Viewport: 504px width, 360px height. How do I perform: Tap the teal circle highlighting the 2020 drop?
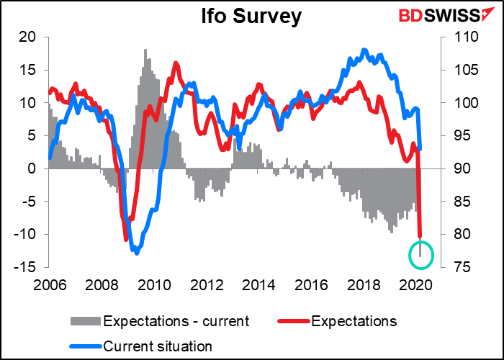point(421,253)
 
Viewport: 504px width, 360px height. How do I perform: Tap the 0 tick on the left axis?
point(33,168)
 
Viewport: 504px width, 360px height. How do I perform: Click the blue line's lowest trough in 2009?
point(136,253)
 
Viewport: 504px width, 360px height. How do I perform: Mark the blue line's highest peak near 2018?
point(364,50)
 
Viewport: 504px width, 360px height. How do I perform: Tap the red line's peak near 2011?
point(176,63)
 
